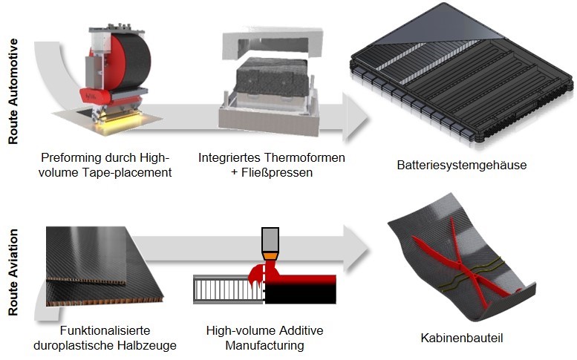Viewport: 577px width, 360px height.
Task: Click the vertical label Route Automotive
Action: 13,82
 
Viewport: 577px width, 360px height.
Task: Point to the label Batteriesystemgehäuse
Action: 460,165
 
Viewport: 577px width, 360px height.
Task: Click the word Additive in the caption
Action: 301,330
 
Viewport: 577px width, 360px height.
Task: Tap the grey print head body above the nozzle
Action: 270,240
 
